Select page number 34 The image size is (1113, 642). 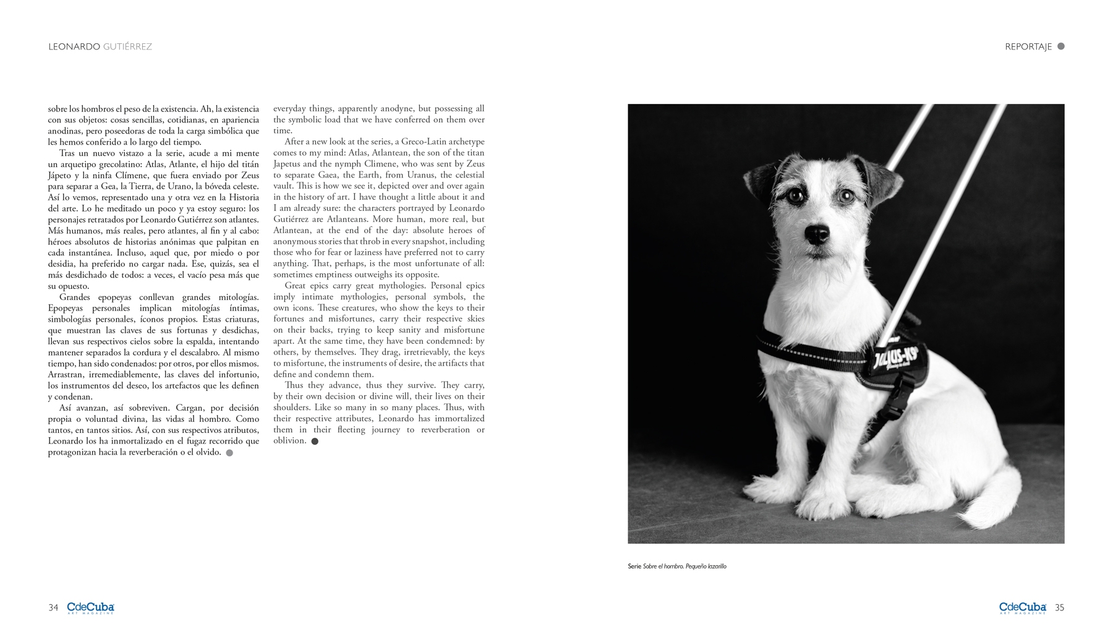coord(53,607)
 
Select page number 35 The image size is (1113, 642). coord(1059,607)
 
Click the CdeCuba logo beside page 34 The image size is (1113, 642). coord(90,607)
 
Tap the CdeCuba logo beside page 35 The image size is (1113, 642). coord(1022,607)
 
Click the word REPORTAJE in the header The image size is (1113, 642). coord(1028,47)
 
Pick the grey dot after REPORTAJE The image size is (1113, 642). coord(1061,46)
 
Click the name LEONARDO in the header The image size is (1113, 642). coord(74,47)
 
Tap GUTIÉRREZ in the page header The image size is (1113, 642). coord(127,47)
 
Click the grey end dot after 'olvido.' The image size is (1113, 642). coord(229,453)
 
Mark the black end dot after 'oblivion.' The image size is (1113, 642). coord(315,442)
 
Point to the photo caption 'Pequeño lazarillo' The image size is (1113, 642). coord(706,567)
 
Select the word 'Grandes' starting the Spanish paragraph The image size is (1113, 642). coord(74,297)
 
